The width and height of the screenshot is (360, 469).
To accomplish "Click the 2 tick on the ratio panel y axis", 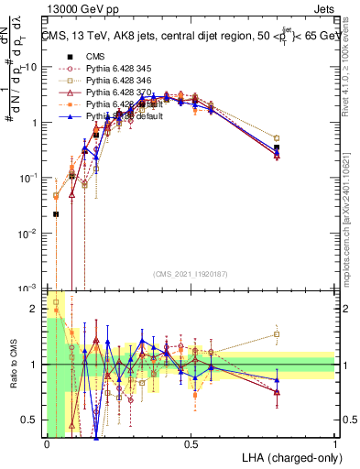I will (38, 309).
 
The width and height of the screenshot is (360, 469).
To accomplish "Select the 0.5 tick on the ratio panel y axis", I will (33, 420).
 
